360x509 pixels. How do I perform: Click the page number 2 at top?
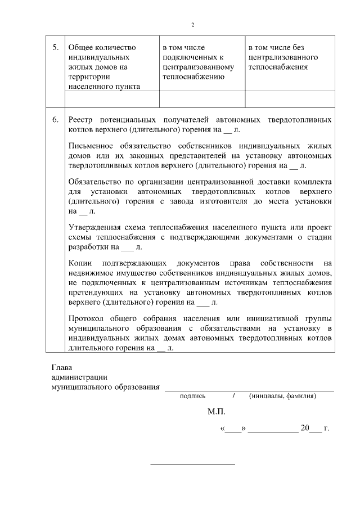point(192,25)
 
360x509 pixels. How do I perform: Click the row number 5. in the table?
point(56,48)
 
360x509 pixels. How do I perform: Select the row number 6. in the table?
point(56,120)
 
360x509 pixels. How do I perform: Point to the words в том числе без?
point(276,48)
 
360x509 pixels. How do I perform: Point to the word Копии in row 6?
point(79,263)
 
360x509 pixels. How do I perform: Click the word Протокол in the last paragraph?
point(86,318)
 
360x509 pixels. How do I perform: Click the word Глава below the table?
point(62,368)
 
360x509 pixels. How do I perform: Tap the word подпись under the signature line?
point(192,396)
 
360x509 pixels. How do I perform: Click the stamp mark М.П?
point(216,412)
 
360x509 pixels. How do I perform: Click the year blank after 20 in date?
point(316,429)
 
